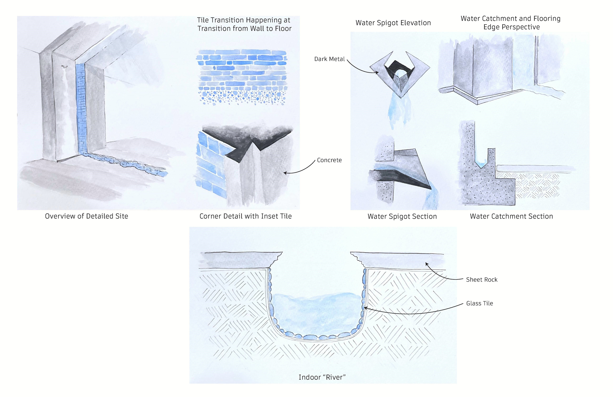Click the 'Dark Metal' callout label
click(329, 59)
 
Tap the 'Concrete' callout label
click(329, 160)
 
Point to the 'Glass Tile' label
click(479, 303)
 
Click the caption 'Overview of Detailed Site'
click(87, 216)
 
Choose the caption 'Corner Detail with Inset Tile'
click(246, 216)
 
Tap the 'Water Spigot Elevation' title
click(393, 23)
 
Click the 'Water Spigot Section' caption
click(402, 216)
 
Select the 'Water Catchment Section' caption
click(511, 216)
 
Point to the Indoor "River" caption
click(322, 377)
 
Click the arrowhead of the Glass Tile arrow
click(365, 308)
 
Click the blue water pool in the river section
click(317, 315)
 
